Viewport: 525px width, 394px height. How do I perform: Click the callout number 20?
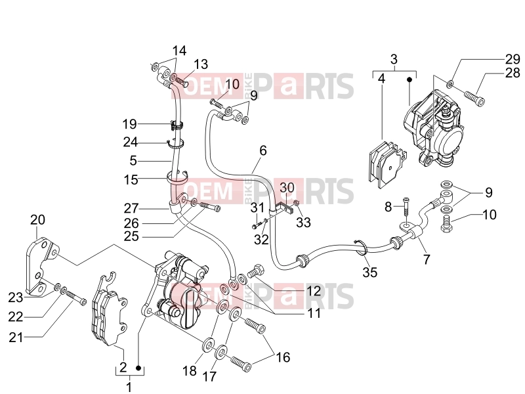click(x=37, y=220)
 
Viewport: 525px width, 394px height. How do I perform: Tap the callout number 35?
click(x=370, y=272)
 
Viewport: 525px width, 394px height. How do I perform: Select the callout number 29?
click(x=513, y=59)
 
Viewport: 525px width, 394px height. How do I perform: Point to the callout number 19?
click(x=129, y=124)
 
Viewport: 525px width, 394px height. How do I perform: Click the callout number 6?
click(x=263, y=150)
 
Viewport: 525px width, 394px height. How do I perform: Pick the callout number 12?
click(x=314, y=291)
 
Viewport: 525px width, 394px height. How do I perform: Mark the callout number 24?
click(x=130, y=142)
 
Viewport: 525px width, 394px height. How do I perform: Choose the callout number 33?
click(x=303, y=222)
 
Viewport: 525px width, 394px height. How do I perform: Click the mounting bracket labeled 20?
click(x=41, y=267)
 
